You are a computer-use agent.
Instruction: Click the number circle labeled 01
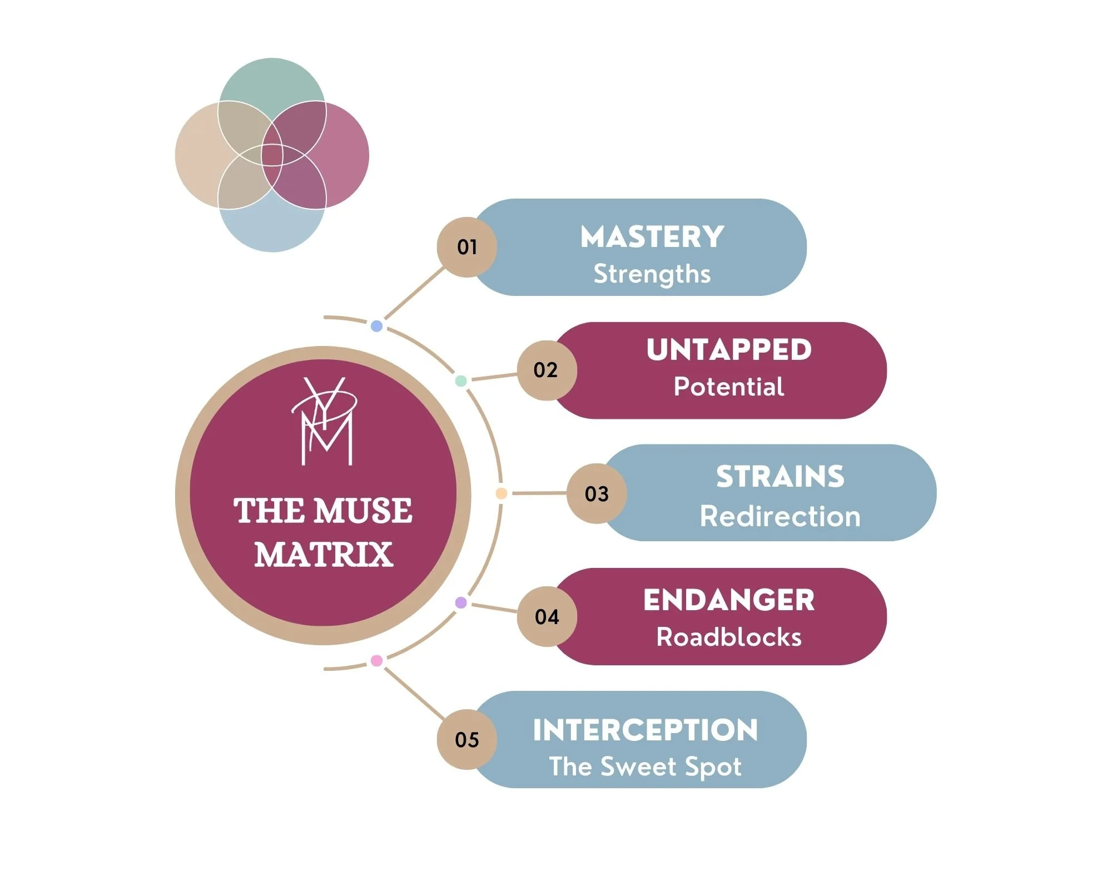466,247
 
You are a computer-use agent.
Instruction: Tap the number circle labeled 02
547,370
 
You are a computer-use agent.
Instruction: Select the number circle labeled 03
597,494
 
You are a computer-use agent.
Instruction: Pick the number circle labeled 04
547,617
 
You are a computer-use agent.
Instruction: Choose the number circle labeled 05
466,740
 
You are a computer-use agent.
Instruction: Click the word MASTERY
652,237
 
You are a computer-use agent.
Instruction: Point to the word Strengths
652,274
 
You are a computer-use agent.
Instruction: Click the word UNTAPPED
729,350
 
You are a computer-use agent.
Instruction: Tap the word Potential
729,387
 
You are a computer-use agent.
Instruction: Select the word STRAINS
780,477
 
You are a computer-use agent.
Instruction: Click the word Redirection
780,516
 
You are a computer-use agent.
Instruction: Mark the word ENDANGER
729,600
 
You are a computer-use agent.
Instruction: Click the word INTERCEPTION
646,730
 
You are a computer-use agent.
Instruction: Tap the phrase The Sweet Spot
646,767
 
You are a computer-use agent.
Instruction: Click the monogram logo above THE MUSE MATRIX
325,423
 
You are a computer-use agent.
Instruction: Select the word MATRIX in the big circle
324,555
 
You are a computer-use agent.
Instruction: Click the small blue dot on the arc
376,326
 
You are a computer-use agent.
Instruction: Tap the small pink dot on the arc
376,661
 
